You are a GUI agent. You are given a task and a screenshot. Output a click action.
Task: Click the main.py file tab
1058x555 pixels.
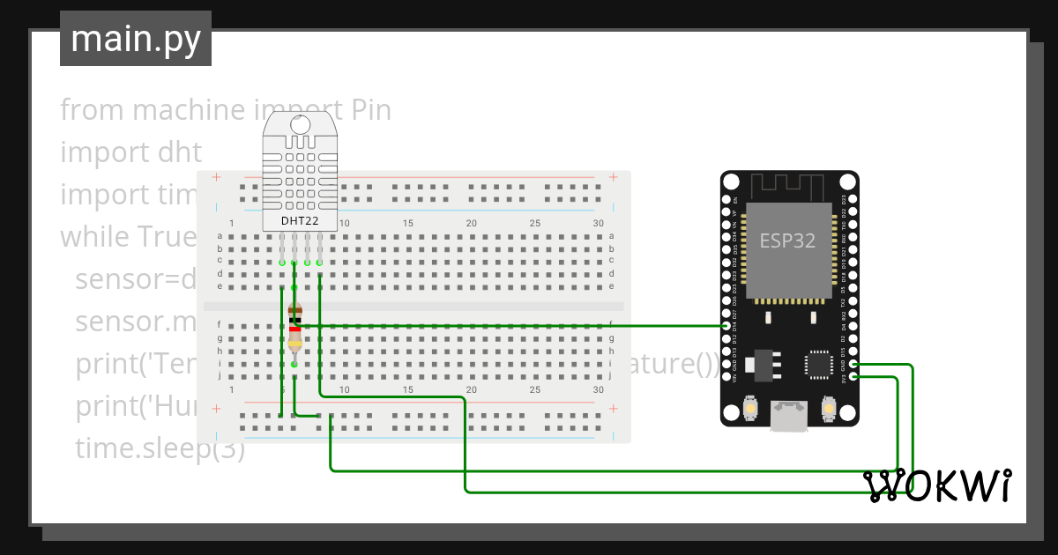135,39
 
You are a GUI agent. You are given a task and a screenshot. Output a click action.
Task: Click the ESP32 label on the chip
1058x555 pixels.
787,240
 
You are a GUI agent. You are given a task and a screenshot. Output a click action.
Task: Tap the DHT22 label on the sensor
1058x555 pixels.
300,220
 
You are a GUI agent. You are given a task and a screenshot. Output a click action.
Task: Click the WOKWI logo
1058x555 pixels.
937,486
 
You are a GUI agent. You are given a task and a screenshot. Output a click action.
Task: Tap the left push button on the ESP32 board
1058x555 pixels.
749,409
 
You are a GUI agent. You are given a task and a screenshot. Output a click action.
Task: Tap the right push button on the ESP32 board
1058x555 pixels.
828,409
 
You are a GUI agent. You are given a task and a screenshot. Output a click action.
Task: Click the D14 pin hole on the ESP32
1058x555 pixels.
726,326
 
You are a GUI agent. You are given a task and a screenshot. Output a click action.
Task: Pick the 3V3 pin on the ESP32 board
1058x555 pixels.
853,377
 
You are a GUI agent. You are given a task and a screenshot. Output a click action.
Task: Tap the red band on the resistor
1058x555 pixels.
294,329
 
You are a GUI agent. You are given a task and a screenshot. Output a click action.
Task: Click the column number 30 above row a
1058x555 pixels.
599,224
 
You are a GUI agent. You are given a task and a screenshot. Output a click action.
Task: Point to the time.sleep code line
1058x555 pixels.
159,448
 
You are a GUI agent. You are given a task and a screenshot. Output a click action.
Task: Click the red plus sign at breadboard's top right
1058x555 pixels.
612,177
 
